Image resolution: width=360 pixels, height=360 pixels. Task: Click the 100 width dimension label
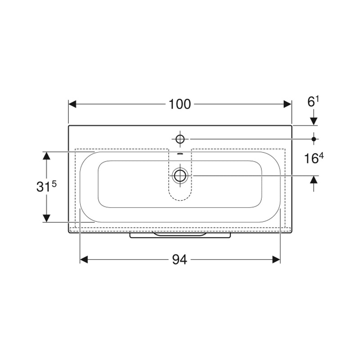[180, 104]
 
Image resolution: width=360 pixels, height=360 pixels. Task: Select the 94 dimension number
[180, 260]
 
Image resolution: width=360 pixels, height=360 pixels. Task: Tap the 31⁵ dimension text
[46, 186]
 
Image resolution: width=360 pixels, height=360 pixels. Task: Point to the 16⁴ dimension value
[314, 158]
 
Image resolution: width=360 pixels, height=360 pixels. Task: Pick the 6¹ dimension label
[313, 102]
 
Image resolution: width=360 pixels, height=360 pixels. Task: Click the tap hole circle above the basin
[180, 139]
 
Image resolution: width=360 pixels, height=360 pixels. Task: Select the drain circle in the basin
[180, 175]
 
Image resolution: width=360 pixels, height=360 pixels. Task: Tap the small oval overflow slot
[180, 154]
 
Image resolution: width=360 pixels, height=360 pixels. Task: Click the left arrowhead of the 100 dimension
[72, 104]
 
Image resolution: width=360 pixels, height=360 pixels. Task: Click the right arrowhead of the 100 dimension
[288, 104]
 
